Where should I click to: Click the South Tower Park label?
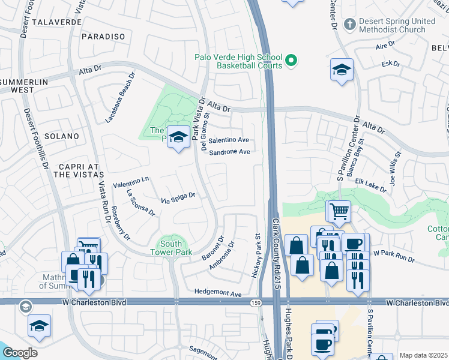coord(175,248)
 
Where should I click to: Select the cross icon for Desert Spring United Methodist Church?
coord(350,25)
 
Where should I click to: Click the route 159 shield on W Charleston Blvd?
coord(256,302)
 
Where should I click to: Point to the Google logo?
coord(19,353)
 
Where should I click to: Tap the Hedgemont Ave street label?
coord(217,293)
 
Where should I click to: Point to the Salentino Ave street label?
coord(229,140)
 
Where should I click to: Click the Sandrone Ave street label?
coord(229,152)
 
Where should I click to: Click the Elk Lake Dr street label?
coord(371,184)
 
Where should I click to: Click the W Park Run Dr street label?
coord(394,255)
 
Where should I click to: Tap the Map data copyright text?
coord(423,355)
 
